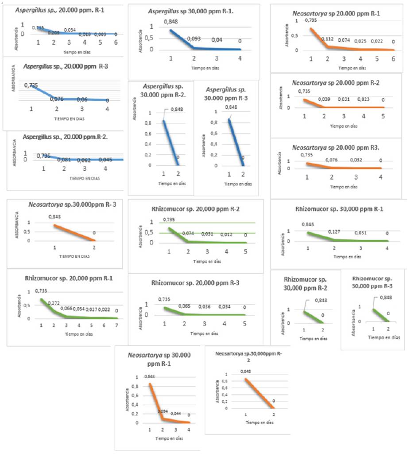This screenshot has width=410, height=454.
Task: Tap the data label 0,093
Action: coord(194,39)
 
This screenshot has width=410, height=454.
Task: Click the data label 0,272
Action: coord(54,303)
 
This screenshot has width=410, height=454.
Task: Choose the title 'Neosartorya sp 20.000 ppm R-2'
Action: coord(336,83)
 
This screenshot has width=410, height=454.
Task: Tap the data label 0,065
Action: coord(185,306)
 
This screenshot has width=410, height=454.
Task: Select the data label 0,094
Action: coord(163,411)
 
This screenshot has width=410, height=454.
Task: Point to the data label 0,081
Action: coord(64,160)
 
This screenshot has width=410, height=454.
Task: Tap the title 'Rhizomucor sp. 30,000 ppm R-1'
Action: coord(337,209)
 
